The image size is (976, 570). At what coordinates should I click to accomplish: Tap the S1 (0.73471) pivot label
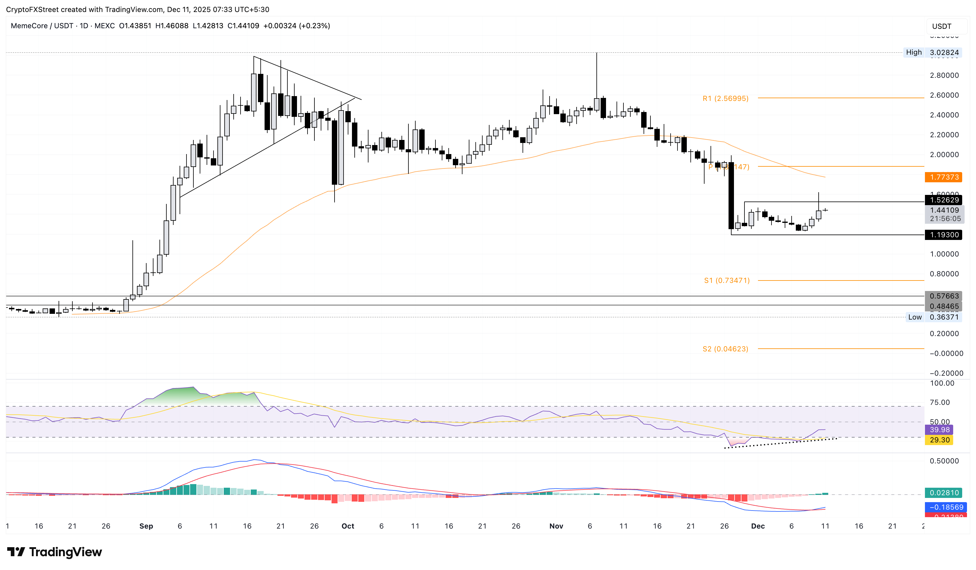[x=726, y=280]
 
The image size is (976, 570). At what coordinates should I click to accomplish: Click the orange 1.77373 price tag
[x=944, y=177]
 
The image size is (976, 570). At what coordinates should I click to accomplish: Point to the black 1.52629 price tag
[x=944, y=200]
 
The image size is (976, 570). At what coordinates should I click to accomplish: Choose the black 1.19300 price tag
[x=944, y=235]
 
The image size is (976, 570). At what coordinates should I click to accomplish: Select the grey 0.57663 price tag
[x=944, y=296]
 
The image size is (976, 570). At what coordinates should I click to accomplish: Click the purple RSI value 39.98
[x=939, y=429]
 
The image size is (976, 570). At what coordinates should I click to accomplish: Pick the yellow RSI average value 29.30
[x=939, y=440]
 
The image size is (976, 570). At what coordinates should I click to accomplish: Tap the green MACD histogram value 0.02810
[x=944, y=493]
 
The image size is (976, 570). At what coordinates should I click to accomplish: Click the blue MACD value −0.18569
[x=944, y=507]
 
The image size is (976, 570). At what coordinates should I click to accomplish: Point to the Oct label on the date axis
[x=347, y=526]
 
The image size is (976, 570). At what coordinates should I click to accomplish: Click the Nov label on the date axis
[x=556, y=526]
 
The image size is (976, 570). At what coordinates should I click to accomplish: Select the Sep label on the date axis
[x=146, y=526]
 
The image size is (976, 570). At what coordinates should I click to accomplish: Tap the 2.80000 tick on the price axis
[x=944, y=75]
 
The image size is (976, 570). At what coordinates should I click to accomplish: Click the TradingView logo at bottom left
[x=55, y=552]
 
